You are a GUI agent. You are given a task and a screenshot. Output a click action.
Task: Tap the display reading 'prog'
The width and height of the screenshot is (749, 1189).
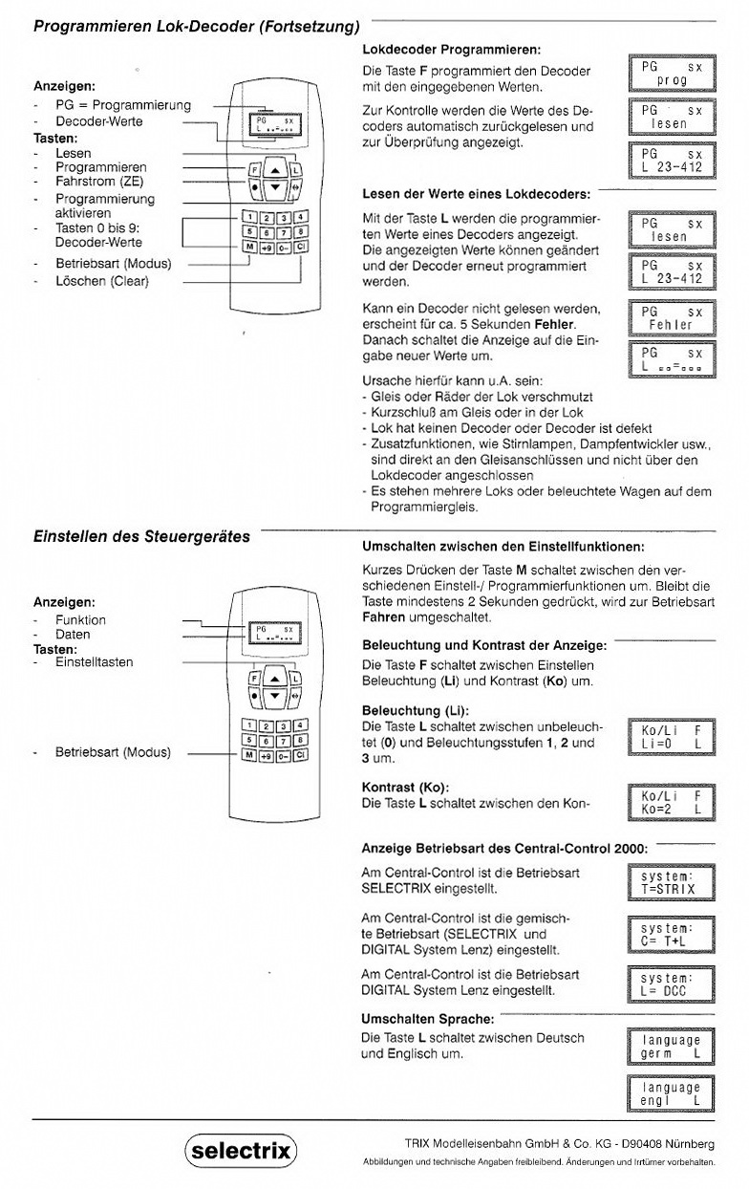672,74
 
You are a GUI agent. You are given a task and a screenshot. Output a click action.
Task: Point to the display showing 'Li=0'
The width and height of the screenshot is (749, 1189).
672,736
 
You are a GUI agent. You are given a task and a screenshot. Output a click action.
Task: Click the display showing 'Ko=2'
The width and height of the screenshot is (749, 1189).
672,802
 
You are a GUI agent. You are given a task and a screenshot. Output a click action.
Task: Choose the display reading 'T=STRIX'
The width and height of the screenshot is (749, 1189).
672,883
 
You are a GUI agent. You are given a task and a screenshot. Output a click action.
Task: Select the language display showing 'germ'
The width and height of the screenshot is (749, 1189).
672,1047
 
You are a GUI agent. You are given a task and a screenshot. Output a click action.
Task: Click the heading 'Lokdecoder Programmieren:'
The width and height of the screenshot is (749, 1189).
452,48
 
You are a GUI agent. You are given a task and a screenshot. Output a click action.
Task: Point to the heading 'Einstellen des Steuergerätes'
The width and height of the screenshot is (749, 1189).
141,536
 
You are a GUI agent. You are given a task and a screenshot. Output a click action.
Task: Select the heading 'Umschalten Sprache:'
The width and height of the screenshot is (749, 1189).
428,1019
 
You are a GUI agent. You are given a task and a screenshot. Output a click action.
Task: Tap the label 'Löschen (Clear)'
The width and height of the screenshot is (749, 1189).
102,281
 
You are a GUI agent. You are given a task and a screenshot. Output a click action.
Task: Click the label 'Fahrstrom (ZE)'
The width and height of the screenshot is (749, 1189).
99,183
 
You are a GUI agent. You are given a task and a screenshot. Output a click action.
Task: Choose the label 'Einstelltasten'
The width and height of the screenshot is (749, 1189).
94,662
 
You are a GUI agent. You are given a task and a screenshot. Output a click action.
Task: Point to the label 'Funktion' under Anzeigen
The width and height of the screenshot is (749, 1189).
80,619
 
